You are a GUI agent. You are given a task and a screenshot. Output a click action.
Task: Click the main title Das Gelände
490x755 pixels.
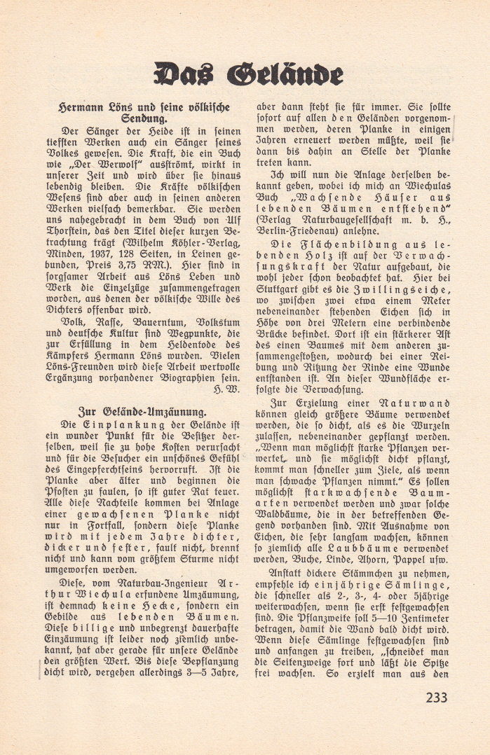pyautogui.click(x=249, y=74)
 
